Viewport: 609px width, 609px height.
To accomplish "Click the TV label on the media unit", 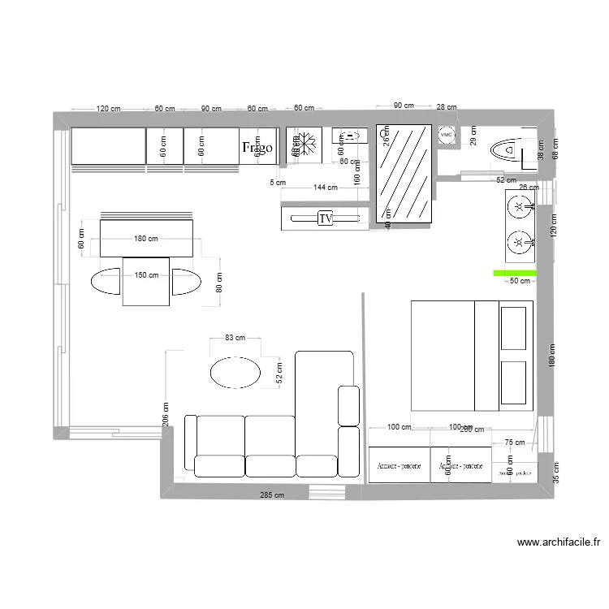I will coord(326,218).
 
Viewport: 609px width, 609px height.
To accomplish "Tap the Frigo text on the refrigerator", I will coord(257,148).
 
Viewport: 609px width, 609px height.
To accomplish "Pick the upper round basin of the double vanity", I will coord(519,208).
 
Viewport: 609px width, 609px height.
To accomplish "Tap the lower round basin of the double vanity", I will coord(519,242).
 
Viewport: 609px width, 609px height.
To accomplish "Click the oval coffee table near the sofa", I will coord(236,373).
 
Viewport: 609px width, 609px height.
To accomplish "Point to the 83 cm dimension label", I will coord(235,338).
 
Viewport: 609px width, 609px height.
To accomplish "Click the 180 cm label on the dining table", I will coord(146,239).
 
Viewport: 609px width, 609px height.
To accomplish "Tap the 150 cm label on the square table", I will coord(146,275).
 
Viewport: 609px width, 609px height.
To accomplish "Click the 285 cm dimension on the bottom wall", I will coord(272,495).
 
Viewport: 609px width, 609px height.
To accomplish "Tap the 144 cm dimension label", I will coord(326,188).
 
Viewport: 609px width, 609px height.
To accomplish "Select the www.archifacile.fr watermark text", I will coord(559,543).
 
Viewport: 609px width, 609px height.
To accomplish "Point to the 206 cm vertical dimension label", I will coord(166,415).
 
